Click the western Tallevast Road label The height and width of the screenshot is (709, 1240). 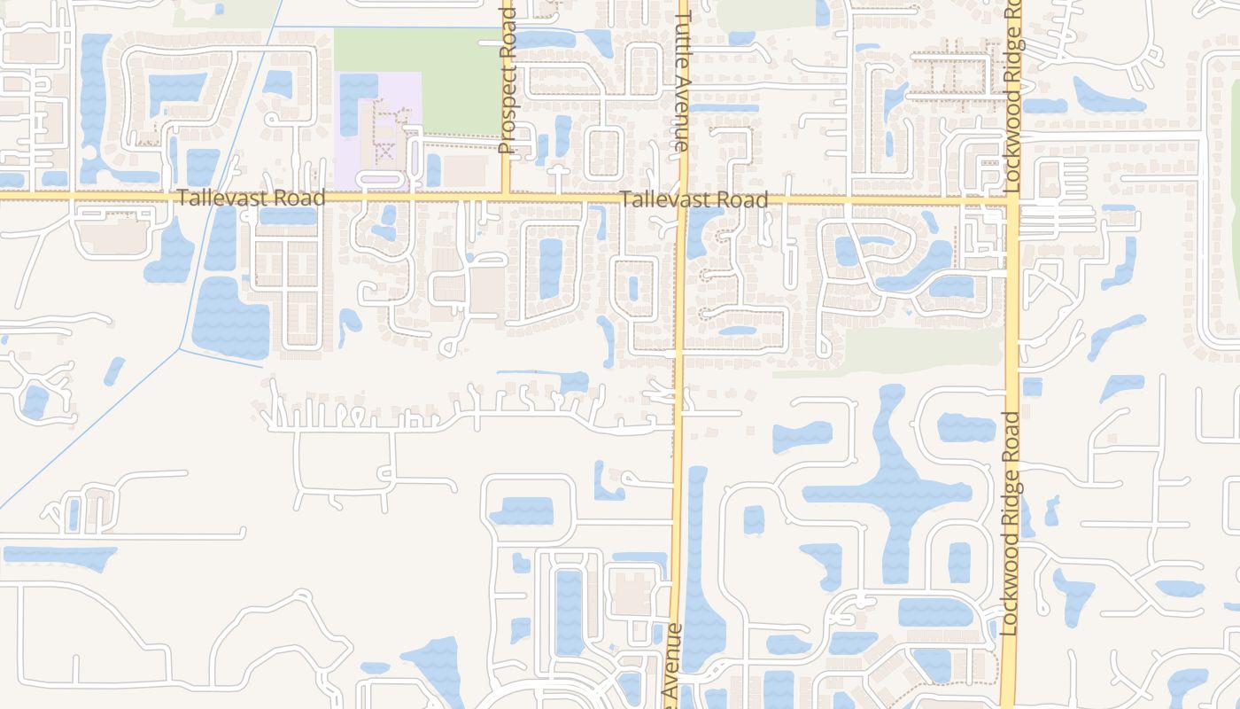(x=251, y=198)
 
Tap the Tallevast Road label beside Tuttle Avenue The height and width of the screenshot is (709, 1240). (x=694, y=200)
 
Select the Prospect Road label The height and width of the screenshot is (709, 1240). (x=507, y=80)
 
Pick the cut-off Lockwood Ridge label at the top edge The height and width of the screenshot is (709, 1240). (x=1014, y=97)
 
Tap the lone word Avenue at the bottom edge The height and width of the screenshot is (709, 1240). (x=673, y=665)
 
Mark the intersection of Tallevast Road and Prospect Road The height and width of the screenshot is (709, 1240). (x=506, y=193)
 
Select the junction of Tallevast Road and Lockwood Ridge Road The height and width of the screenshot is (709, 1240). (x=1013, y=202)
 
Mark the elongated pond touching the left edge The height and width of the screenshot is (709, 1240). (x=58, y=557)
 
